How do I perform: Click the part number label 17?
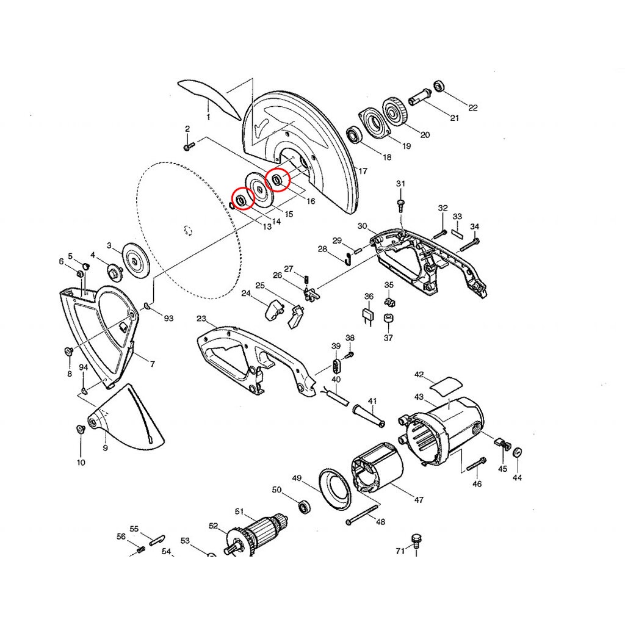pyautogui.click(x=363, y=171)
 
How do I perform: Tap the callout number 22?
pyautogui.click(x=473, y=107)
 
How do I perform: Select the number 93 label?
pyautogui.click(x=168, y=318)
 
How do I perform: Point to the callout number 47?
pyautogui.click(x=419, y=499)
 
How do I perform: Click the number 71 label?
pyautogui.click(x=400, y=551)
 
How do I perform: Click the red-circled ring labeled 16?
pyautogui.click(x=277, y=180)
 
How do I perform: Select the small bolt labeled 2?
pyautogui.click(x=189, y=146)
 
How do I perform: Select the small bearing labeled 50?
pyautogui.click(x=305, y=507)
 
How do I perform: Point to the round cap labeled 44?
pyautogui.click(x=517, y=453)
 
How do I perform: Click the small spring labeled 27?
pyautogui.click(x=306, y=280)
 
